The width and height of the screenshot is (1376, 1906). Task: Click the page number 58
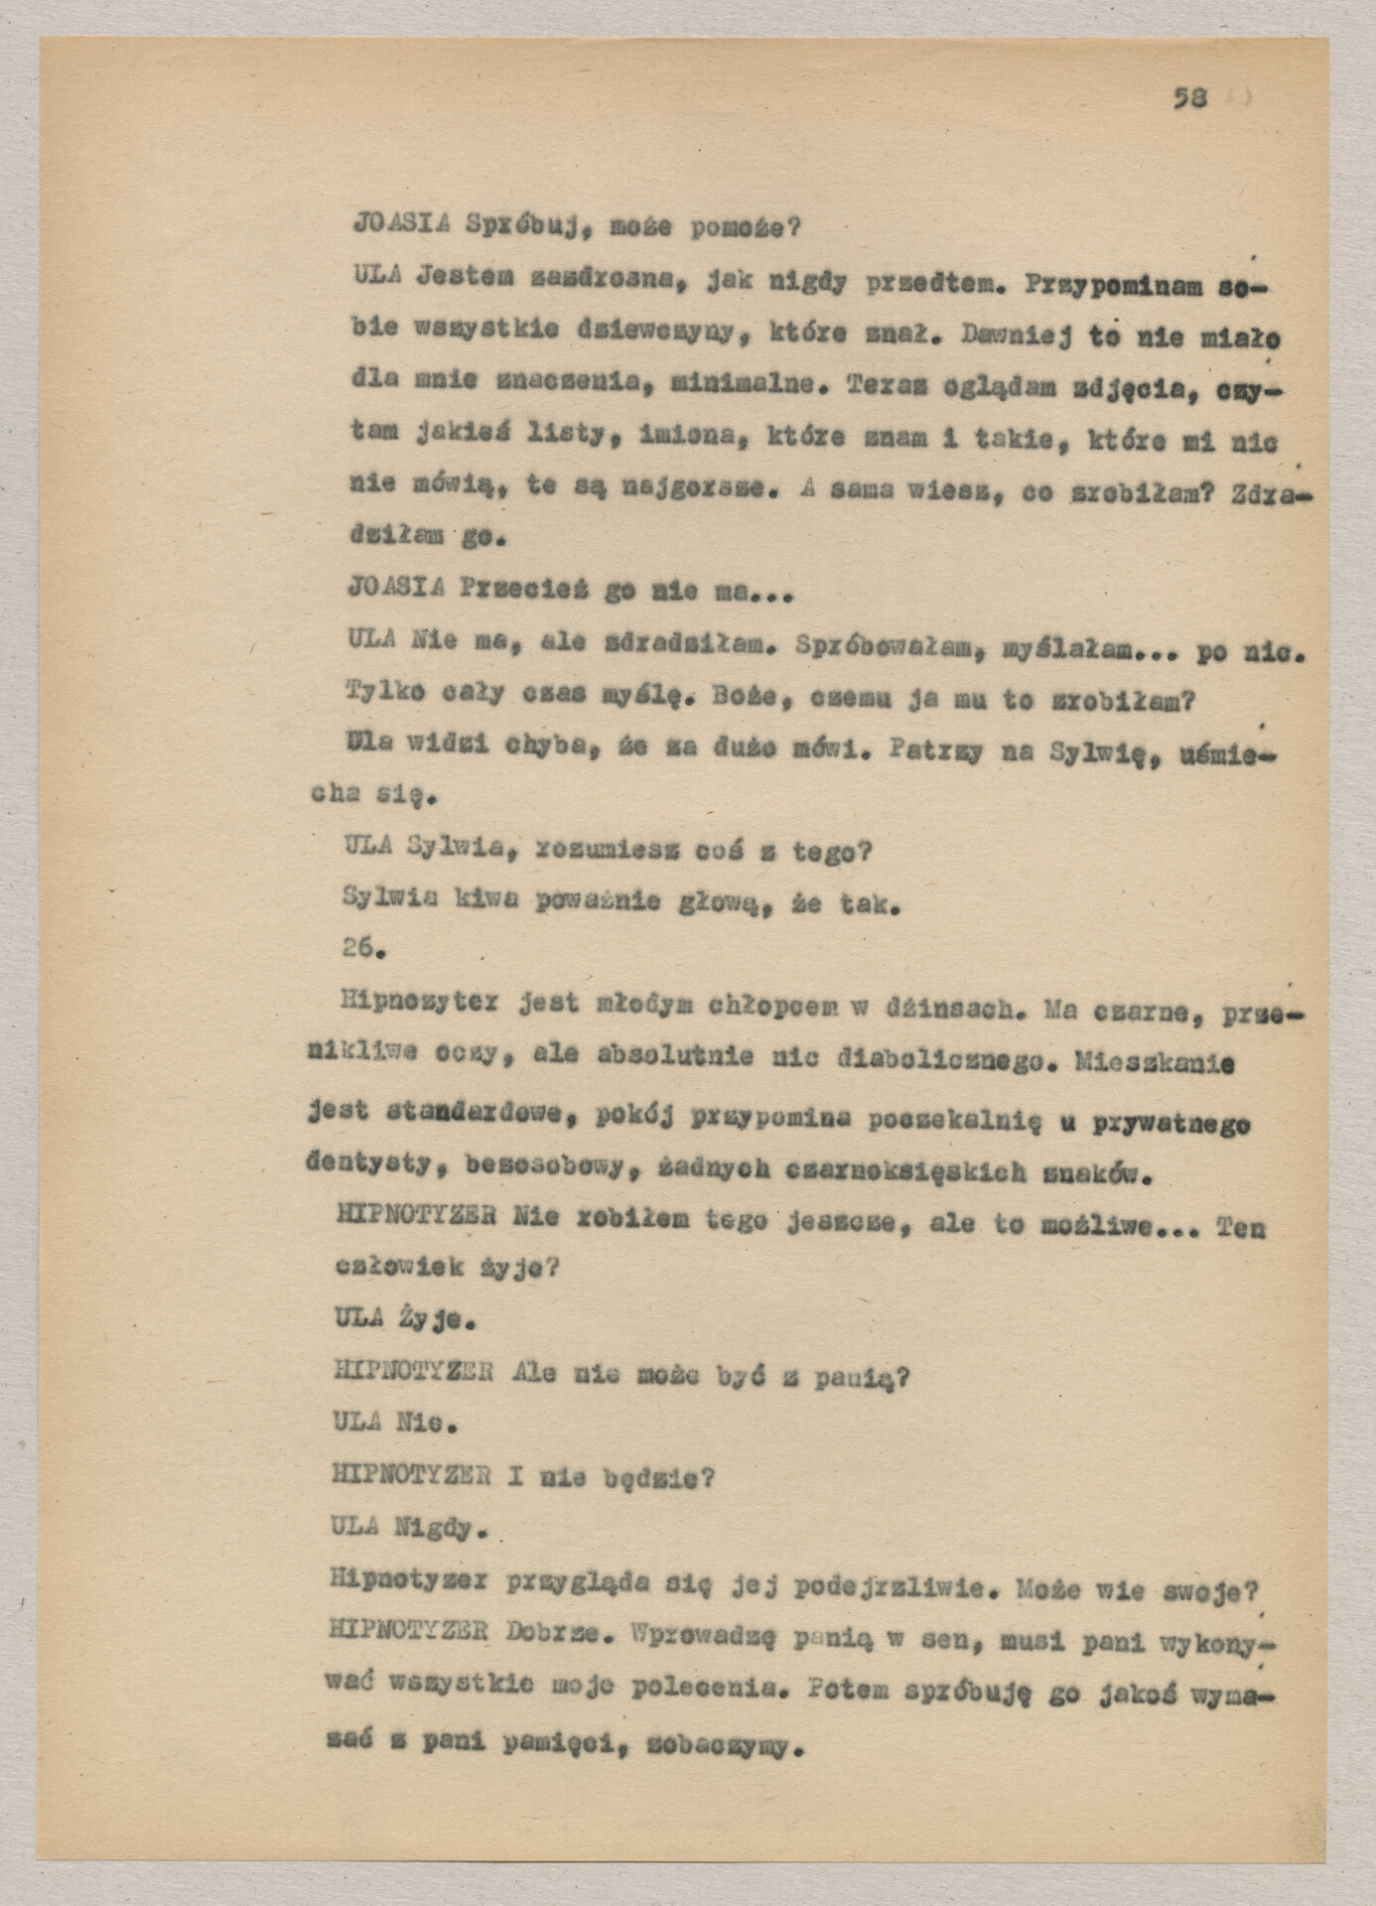click(x=1189, y=97)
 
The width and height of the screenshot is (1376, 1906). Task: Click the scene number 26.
click(x=362, y=948)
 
